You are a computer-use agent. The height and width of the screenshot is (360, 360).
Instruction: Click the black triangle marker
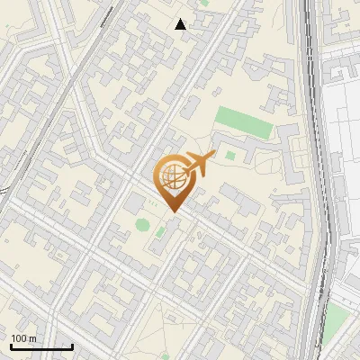point(181,24)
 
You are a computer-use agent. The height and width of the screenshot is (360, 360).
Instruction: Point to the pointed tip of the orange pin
point(173,212)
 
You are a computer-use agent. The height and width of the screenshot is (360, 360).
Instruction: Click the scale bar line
point(40,347)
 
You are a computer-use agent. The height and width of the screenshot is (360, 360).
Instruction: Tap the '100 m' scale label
point(23,338)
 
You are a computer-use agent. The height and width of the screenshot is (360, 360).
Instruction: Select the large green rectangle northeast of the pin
point(244,122)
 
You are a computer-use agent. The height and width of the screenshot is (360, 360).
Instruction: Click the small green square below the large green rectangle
point(230,155)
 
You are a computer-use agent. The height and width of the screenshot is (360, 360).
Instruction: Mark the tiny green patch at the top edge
point(204,3)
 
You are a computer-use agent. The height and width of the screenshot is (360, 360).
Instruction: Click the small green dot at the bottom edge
point(165,355)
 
